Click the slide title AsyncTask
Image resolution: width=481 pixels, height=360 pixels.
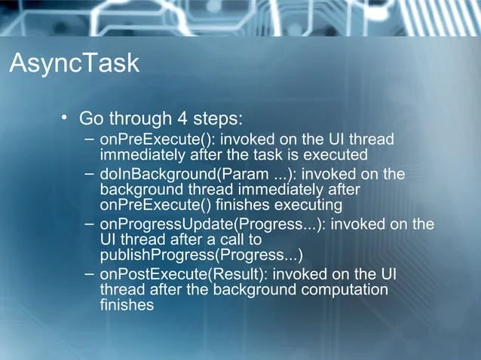[74, 63]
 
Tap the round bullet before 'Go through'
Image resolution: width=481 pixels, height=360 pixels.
[66, 117]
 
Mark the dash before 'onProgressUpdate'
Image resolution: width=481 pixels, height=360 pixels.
[90, 224]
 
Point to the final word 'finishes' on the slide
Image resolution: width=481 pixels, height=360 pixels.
[127, 305]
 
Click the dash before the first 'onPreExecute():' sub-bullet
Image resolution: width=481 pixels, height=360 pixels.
[90, 139]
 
